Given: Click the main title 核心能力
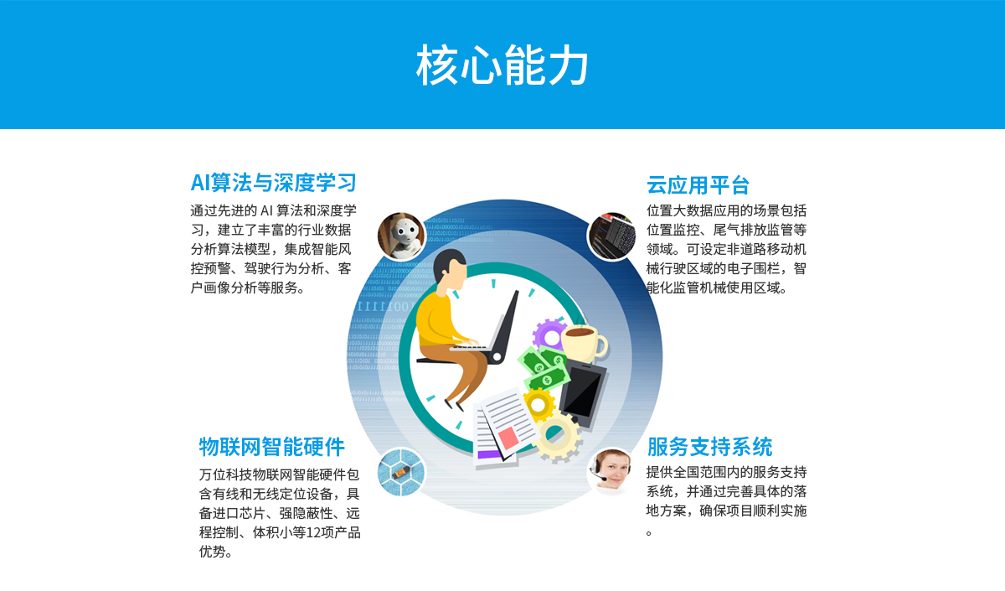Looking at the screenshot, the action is [x=502, y=65].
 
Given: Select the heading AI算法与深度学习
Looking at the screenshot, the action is [x=273, y=183].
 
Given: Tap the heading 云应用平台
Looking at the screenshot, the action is [x=698, y=185].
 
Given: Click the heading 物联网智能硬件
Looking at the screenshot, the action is [x=271, y=446].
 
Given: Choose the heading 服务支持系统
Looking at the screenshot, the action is [x=709, y=446].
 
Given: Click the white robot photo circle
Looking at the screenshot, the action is [x=401, y=236].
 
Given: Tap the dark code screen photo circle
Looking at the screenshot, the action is [x=611, y=236].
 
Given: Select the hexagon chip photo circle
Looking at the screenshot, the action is [x=401, y=472].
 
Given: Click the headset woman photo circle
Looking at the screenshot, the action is [x=611, y=471].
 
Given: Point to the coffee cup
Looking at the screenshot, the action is [x=584, y=344].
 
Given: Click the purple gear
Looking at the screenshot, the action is [x=549, y=335].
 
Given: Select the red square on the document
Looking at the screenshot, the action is [x=508, y=438].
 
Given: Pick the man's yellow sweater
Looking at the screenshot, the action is [x=438, y=319].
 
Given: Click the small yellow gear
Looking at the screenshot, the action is [x=539, y=404].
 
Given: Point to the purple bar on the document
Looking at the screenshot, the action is [x=489, y=454].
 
